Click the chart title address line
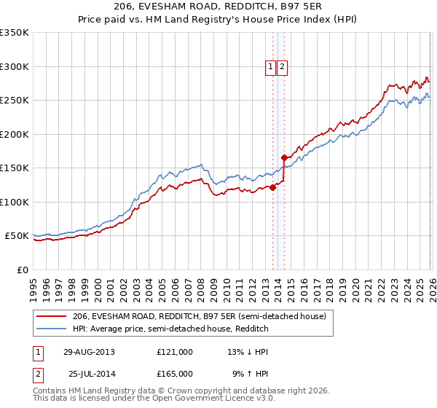coord(219,6)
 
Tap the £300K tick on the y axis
coord(15,66)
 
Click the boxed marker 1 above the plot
coord(270,67)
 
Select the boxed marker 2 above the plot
coord(283,67)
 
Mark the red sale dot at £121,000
coord(273,187)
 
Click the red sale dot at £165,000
coord(284,157)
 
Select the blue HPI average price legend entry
coord(170,329)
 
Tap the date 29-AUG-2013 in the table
coord(88,352)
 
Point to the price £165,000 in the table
coord(174,373)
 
